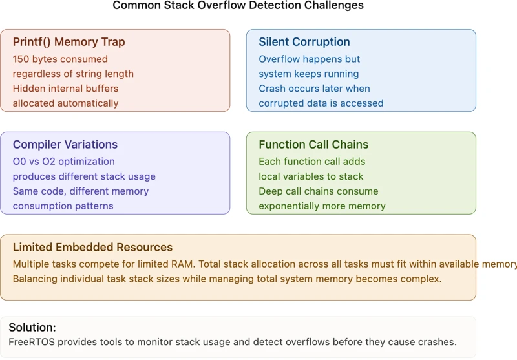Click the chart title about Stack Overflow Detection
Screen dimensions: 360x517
click(x=238, y=6)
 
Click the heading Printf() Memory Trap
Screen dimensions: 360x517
click(x=69, y=42)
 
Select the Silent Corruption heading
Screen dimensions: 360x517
click(x=304, y=42)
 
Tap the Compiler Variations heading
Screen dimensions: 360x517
click(x=65, y=145)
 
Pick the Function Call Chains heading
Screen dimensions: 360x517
click(x=313, y=145)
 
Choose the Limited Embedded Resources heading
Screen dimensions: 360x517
click(x=92, y=248)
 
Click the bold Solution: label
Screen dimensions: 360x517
click(x=32, y=328)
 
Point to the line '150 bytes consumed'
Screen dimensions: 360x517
click(x=61, y=59)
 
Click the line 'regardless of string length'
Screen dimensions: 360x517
click(x=73, y=74)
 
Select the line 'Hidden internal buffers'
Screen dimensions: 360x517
click(x=66, y=89)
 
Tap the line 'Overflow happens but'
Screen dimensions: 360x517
click(x=310, y=59)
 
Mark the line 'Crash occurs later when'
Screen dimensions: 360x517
click(x=314, y=89)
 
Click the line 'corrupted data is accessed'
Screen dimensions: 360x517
click(x=321, y=103)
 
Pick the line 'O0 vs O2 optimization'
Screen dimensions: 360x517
click(x=64, y=162)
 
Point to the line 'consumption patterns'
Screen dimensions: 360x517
click(x=63, y=206)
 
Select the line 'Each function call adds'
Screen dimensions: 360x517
click(x=312, y=162)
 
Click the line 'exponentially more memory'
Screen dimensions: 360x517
click(x=322, y=206)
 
